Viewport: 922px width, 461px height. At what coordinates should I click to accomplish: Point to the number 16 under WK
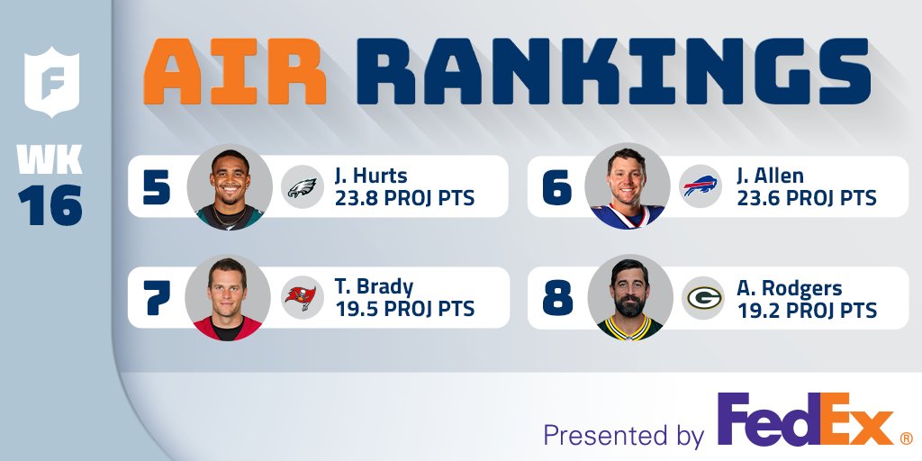coord(51,205)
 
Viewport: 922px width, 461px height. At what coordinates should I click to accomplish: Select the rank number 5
coord(157,186)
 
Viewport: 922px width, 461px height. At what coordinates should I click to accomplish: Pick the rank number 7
coord(157,298)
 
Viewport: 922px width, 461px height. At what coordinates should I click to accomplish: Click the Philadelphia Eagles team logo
coord(302,187)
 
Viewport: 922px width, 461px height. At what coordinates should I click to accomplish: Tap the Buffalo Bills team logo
coord(701,187)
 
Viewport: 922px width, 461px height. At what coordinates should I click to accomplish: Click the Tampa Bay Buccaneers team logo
coord(303,298)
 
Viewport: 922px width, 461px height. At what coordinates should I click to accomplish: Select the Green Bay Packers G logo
coord(702,298)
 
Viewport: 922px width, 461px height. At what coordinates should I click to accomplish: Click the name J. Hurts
coord(370,176)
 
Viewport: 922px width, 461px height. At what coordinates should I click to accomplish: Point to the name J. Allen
coord(770,176)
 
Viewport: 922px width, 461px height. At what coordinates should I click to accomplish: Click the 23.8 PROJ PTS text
coord(404,198)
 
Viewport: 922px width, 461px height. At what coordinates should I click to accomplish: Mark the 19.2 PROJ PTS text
coord(806,310)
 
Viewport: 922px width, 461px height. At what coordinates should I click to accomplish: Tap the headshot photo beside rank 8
coord(630,298)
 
